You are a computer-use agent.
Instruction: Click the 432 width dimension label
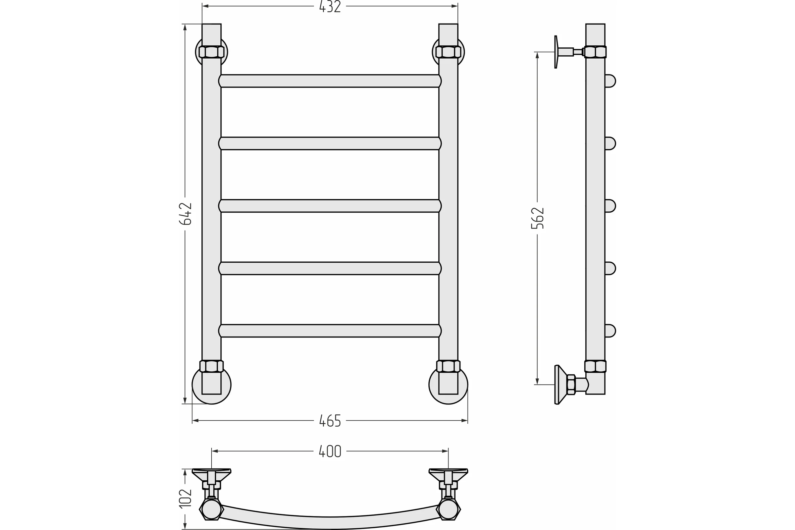(x=330, y=7)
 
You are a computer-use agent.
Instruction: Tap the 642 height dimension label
(x=185, y=214)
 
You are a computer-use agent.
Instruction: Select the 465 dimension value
(x=330, y=421)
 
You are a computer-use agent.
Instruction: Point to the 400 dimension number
(x=330, y=451)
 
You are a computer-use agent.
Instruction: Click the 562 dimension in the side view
(x=537, y=218)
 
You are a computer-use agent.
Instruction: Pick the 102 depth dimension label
(x=185, y=498)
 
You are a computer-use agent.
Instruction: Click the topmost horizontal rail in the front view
(x=330, y=81)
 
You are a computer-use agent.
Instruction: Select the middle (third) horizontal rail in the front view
(x=330, y=206)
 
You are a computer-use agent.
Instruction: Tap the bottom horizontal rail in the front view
(x=330, y=331)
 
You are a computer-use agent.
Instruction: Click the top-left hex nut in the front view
(x=212, y=52)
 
